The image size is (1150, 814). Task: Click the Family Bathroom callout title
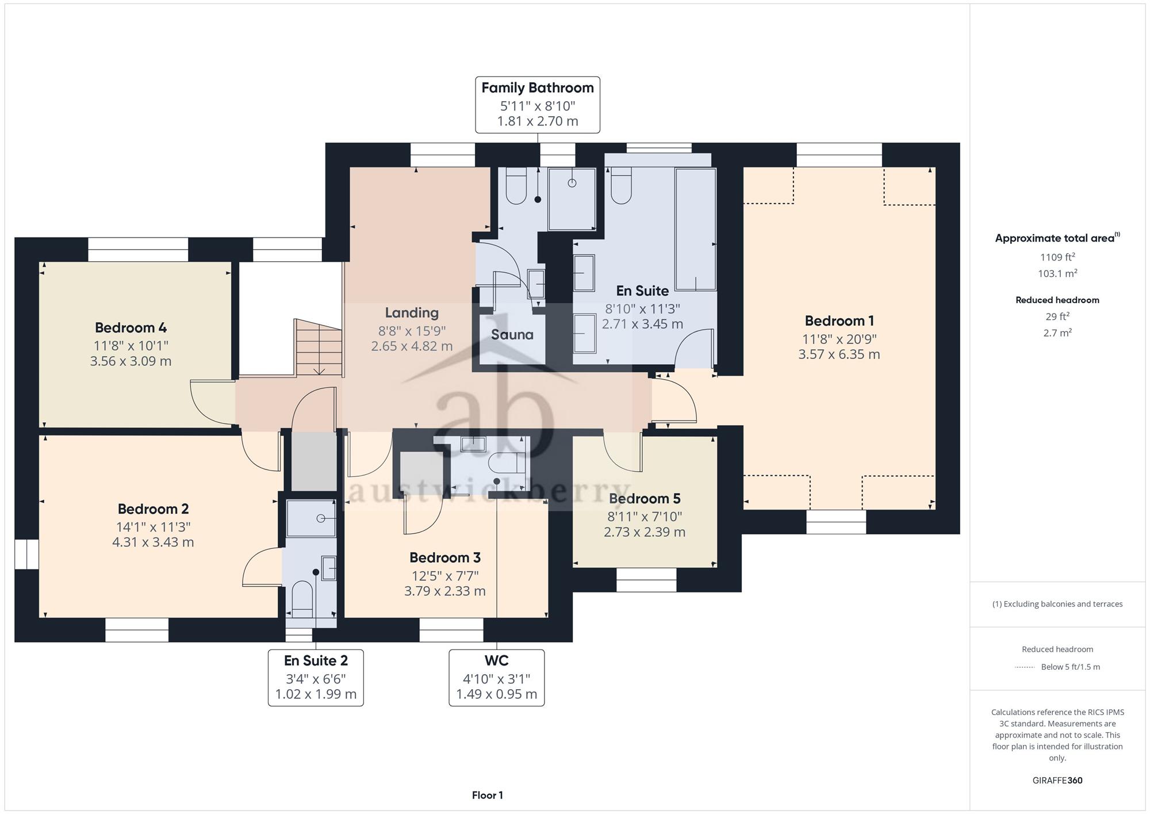pyautogui.click(x=538, y=88)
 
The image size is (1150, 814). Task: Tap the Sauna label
pyautogui.click(x=512, y=335)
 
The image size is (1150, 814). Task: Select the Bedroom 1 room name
pyautogui.click(x=839, y=321)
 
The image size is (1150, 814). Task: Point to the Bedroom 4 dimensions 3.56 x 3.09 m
pyautogui.click(x=131, y=361)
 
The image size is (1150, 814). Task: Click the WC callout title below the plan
pyautogui.click(x=496, y=660)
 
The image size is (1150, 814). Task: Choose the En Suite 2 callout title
pyautogui.click(x=316, y=660)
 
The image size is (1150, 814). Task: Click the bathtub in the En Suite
pyautogui.click(x=696, y=229)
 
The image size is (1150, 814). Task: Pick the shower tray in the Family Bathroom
pyautogui.click(x=572, y=199)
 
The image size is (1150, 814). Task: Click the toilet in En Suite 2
pyautogui.click(x=302, y=599)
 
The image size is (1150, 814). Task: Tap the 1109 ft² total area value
pyautogui.click(x=1057, y=257)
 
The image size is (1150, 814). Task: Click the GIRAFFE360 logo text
pyautogui.click(x=1057, y=781)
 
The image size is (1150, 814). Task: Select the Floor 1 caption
pyautogui.click(x=488, y=796)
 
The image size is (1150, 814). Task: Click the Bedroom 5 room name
pyautogui.click(x=645, y=499)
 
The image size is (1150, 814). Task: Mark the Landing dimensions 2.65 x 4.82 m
pyautogui.click(x=412, y=346)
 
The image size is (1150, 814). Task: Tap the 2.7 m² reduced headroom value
pyautogui.click(x=1057, y=333)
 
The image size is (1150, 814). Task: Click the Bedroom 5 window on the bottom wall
pyautogui.click(x=646, y=580)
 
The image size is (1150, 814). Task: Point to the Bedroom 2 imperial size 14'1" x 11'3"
pyautogui.click(x=154, y=527)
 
